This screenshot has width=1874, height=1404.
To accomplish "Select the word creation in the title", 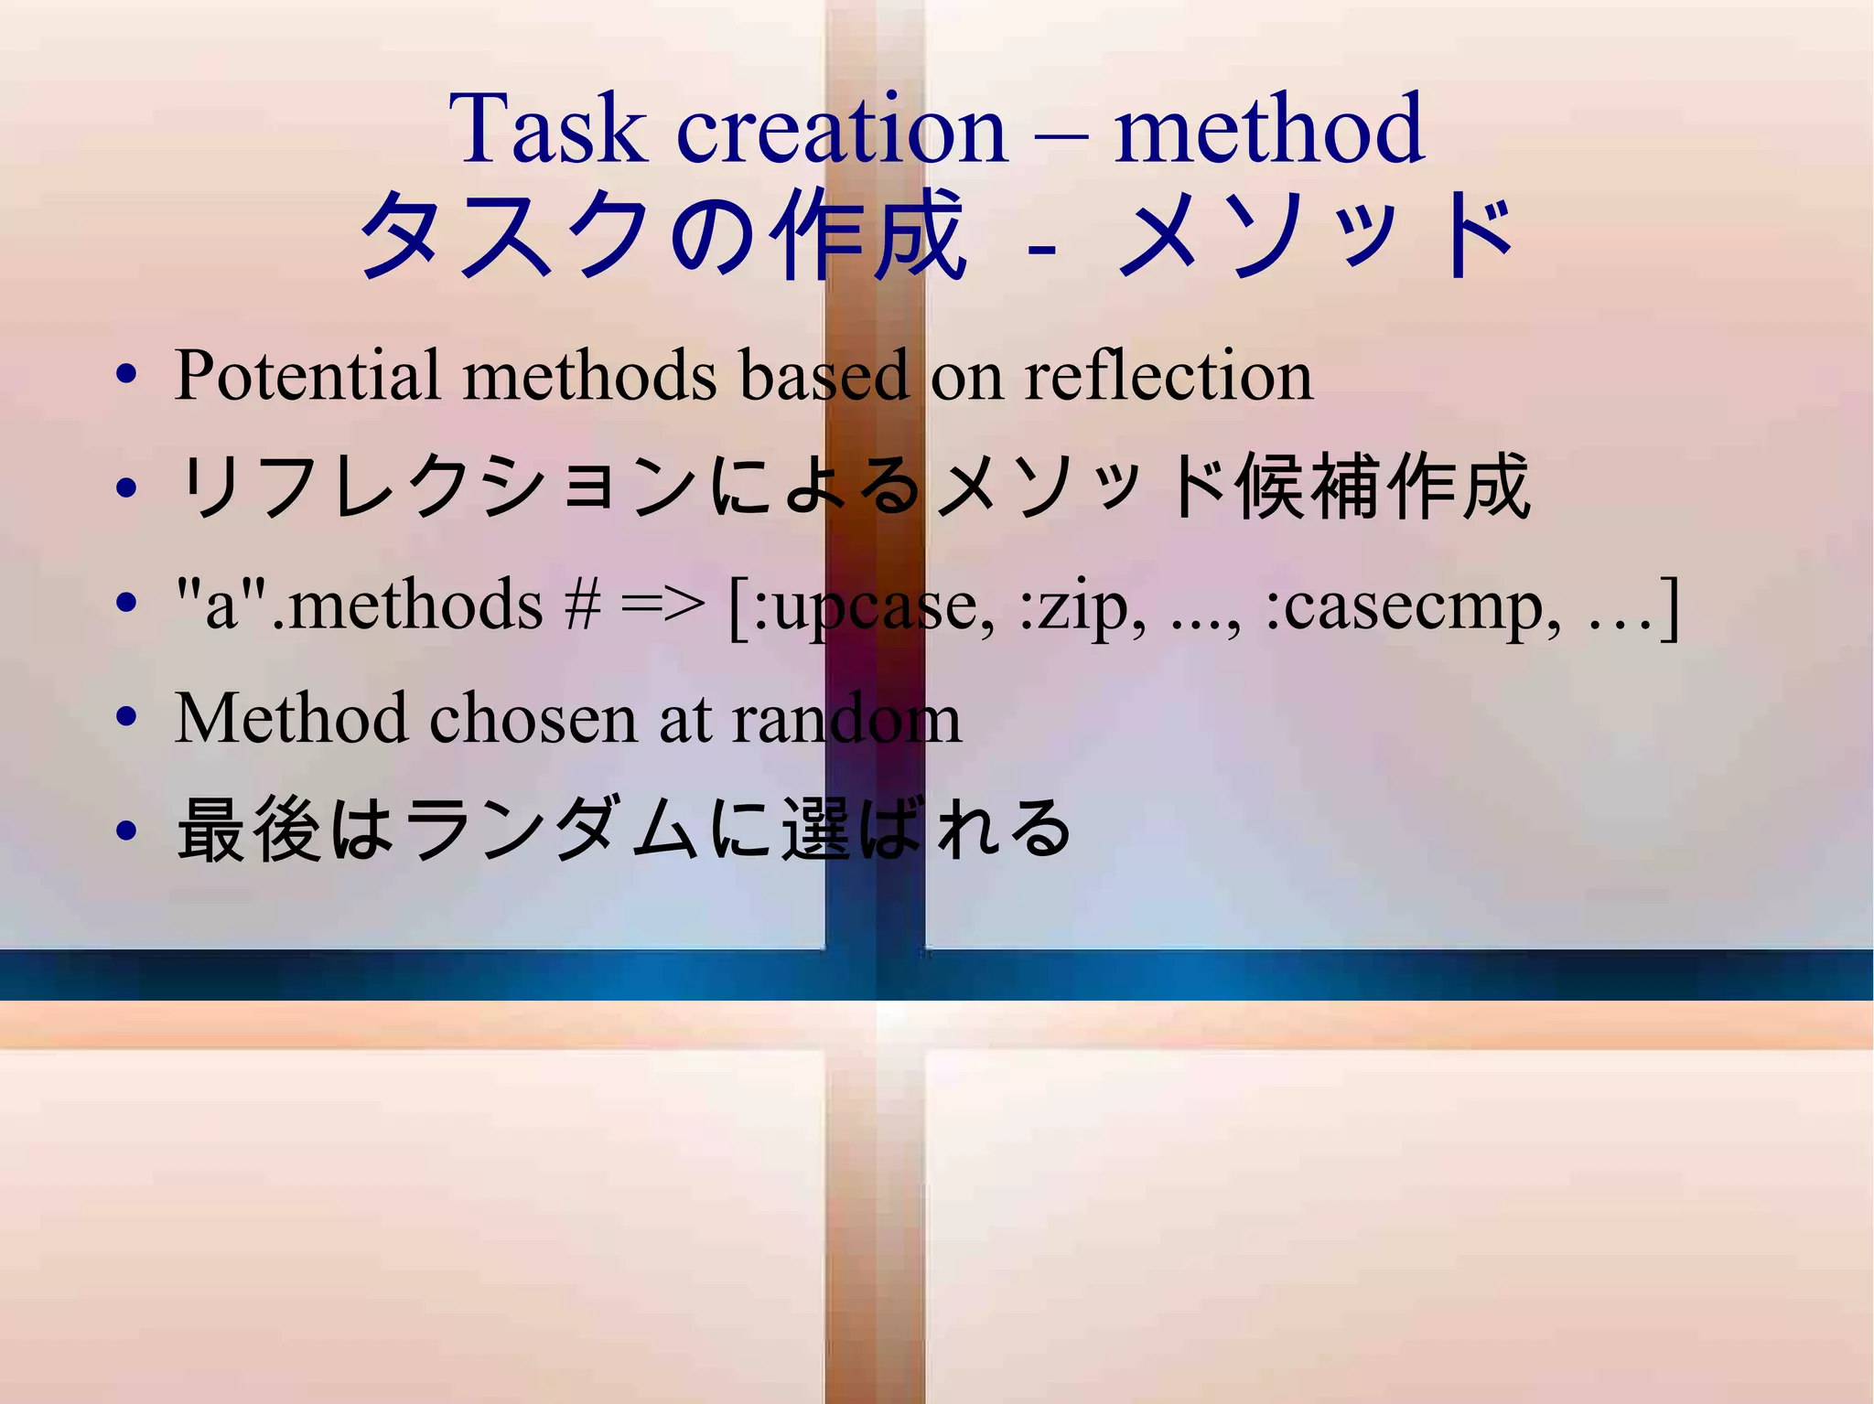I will click(841, 130).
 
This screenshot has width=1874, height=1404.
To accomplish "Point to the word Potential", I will click(307, 376).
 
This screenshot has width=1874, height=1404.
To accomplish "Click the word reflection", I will click(1169, 376).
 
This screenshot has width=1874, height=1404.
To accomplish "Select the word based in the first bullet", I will click(824, 376).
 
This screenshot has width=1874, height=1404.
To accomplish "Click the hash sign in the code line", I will click(582, 606).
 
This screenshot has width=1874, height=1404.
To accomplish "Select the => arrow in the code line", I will click(663, 606).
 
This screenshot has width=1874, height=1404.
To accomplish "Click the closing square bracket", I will click(1670, 606).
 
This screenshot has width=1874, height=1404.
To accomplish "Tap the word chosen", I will click(533, 718).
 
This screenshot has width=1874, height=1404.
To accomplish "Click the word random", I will click(847, 718).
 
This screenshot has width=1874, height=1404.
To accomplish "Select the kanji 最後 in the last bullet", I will click(250, 830).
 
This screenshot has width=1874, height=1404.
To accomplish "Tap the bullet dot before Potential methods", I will click(127, 376).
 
